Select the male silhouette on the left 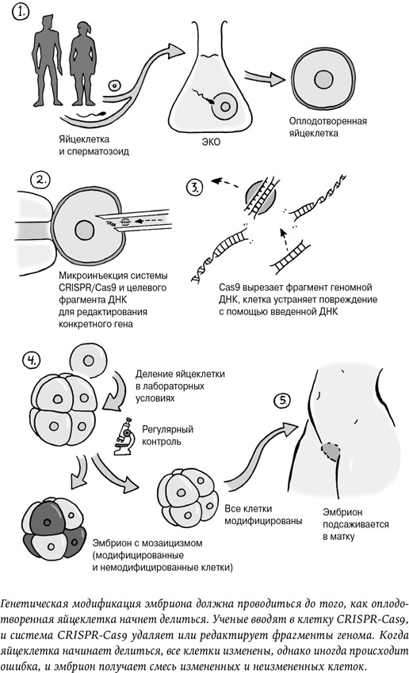[x=45, y=67]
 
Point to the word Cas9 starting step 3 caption [x=215, y=286]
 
